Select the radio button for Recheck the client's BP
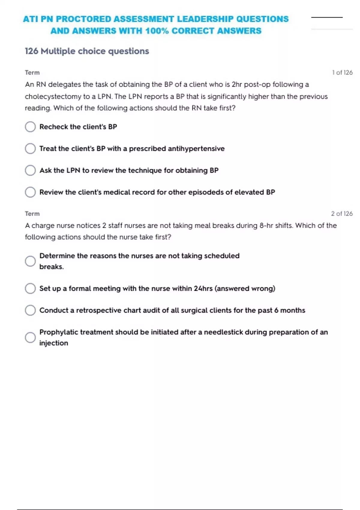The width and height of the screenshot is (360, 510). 30,127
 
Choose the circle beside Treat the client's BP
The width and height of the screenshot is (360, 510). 30,148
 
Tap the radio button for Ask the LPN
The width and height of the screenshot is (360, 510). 30,170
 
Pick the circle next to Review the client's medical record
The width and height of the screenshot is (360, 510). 30,192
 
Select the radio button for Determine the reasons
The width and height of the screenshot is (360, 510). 30,261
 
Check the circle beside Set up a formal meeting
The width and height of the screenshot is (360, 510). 30,289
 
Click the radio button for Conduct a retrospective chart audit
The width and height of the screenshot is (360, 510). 30,310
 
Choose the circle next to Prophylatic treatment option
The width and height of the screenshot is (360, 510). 30,337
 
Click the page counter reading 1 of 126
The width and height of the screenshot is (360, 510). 342,73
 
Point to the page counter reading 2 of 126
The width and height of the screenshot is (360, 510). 342,214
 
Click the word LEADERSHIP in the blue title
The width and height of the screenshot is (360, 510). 205,19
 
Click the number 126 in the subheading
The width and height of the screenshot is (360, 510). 31,51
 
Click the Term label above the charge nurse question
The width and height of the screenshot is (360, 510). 32,214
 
